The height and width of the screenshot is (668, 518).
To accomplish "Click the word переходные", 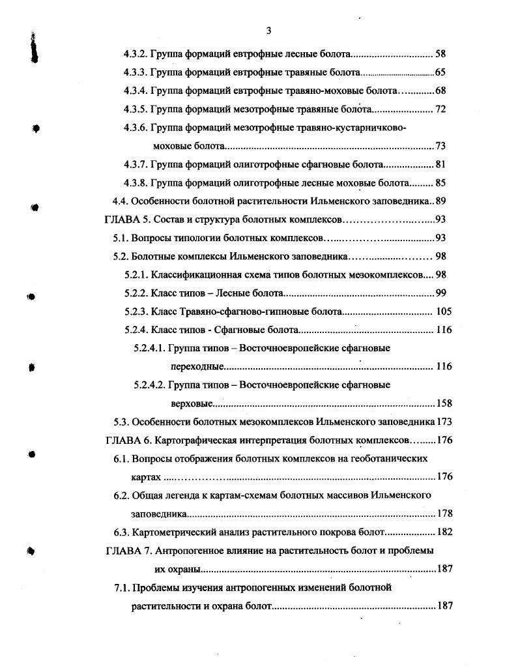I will click(197, 367).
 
